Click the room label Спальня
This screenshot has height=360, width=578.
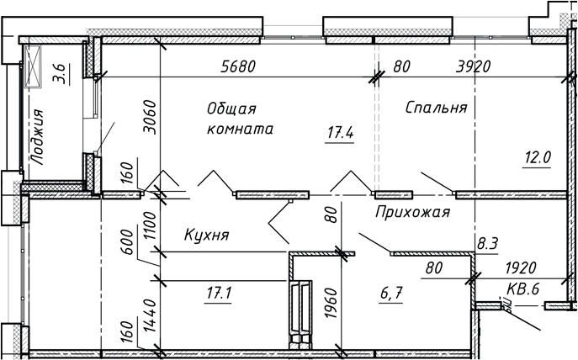pyautogui.click(x=435, y=108)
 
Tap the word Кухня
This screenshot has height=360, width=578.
pyautogui.click(x=207, y=234)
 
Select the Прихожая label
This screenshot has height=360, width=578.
pyautogui.click(x=413, y=213)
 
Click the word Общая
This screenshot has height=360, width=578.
pyautogui.click(x=231, y=109)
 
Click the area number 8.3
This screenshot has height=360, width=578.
pyautogui.click(x=488, y=243)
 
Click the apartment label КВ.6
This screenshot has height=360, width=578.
pyautogui.click(x=522, y=290)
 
